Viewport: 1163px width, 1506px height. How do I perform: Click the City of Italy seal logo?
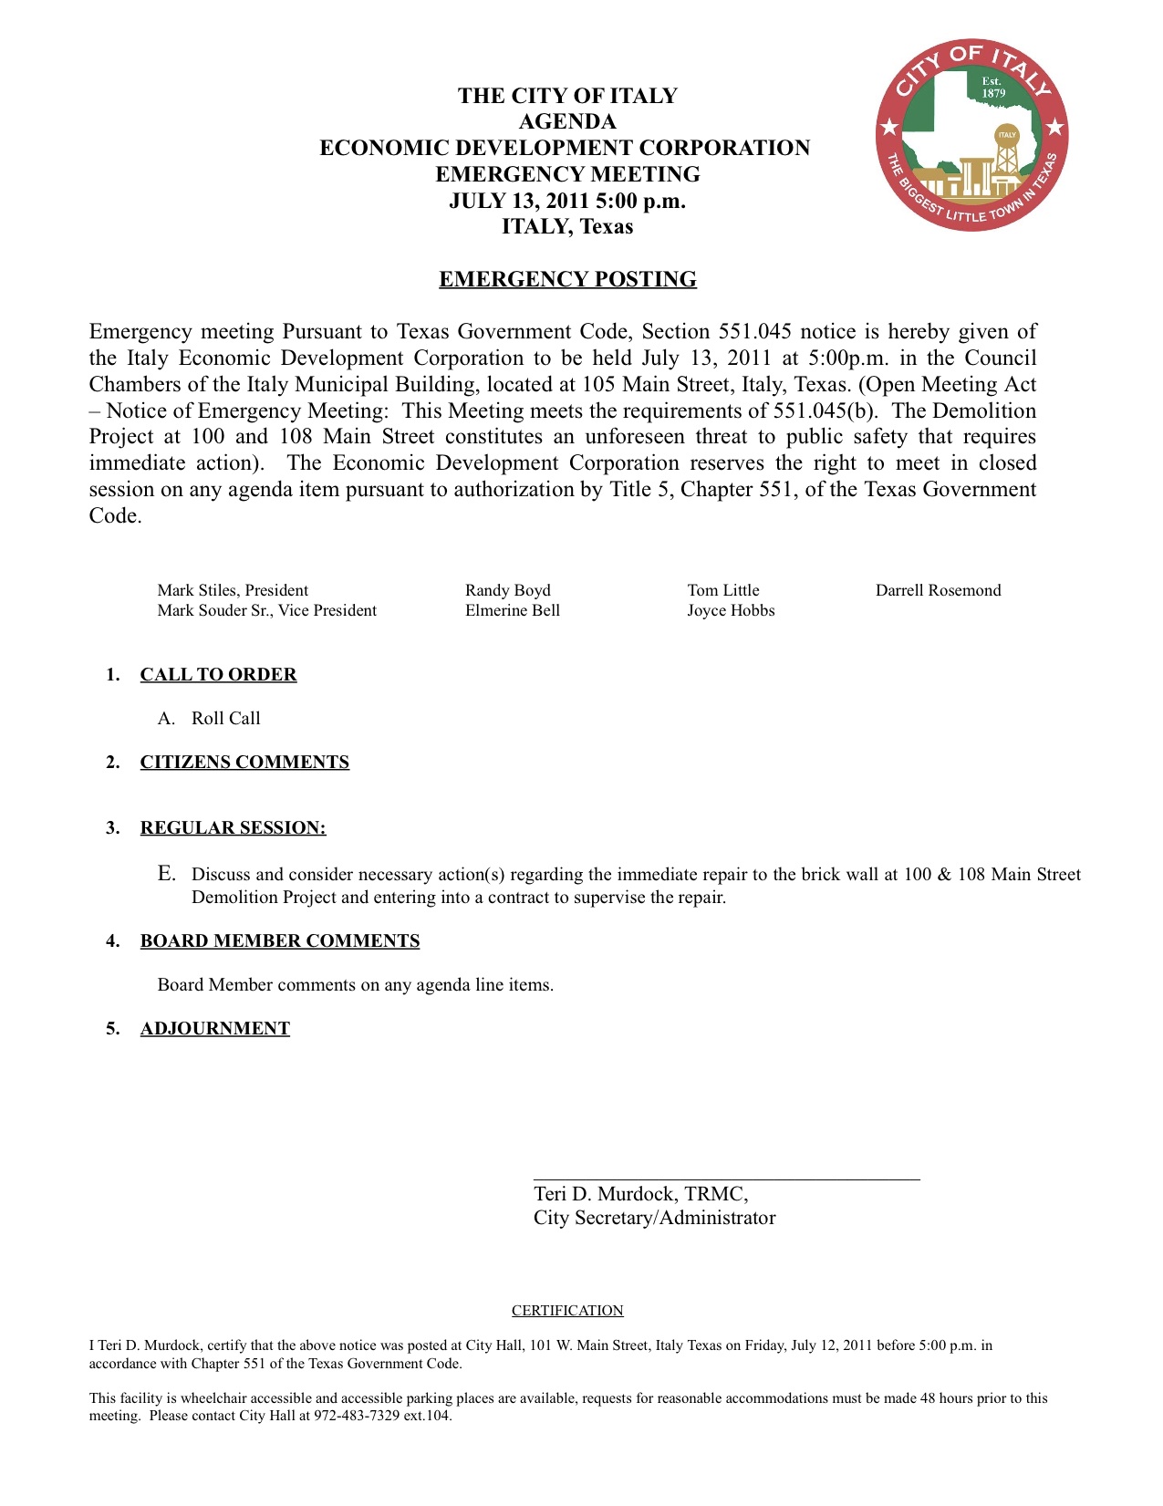[971, 136]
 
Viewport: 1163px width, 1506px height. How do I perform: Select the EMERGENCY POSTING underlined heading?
[567, 279]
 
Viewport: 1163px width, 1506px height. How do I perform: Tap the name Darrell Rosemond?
[938, 590]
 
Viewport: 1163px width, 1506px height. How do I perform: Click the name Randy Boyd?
[507, 590]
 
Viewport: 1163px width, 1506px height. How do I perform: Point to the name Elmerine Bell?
[512, 610]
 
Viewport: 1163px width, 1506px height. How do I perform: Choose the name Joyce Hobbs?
[731, 610]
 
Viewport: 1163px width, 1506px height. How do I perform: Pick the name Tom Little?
[722, 590]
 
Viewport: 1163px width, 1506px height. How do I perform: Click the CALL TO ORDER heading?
[218, 674]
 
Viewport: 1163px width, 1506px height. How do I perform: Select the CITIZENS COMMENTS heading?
[244, 762]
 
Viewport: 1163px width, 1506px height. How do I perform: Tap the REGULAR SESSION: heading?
[233, 827]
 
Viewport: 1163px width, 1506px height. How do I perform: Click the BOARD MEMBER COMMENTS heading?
[279, 940]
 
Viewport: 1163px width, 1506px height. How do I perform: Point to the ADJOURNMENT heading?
[214, 1028]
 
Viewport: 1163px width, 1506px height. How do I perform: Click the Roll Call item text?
[225, 718]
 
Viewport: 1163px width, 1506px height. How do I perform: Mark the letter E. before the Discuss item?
[166, 874]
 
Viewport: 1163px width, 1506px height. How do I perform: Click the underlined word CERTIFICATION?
[567, 1310]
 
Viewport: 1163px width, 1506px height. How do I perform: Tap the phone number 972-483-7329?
[357, 1416]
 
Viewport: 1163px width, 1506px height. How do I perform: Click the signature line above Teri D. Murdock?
[726, 1179]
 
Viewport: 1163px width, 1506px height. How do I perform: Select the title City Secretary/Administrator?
[654, 1218]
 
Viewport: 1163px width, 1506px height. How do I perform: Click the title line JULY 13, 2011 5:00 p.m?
[566, 201]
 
